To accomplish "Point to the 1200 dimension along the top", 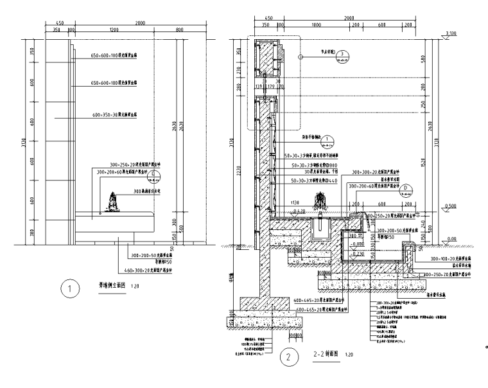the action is (x=114, y=30).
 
